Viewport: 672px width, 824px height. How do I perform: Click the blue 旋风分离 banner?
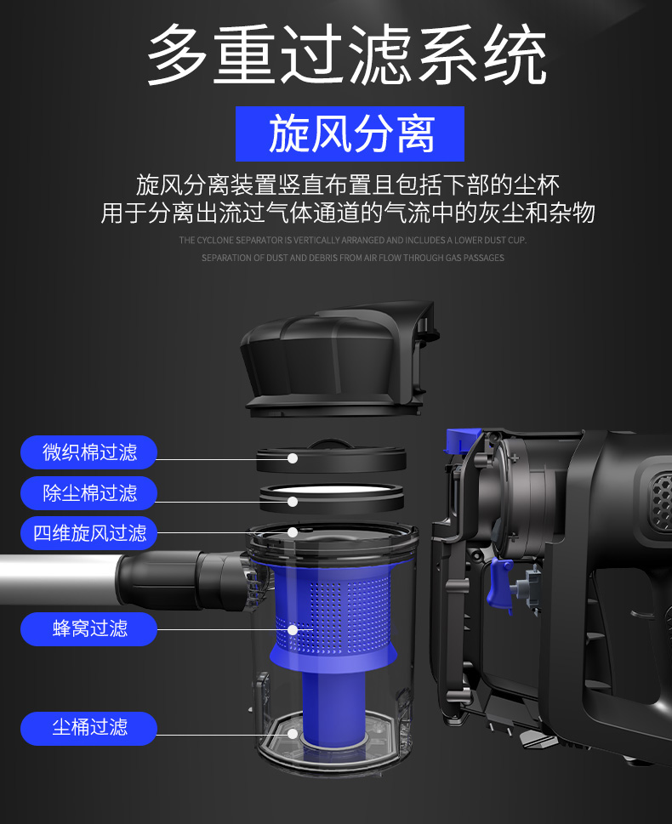[350, 134]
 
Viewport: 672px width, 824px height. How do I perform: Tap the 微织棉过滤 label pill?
[88, 452]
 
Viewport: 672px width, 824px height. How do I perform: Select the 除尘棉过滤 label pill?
[88, 493]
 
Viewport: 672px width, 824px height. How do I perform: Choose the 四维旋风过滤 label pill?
[88, 533]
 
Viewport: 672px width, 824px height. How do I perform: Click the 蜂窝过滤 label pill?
[88, 628]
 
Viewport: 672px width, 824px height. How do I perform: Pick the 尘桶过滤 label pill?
[88, 728]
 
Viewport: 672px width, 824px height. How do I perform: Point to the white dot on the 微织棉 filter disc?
[293, 458]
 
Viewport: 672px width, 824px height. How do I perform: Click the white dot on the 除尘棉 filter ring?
[293, 502]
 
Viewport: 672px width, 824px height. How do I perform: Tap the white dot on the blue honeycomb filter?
[293, 629]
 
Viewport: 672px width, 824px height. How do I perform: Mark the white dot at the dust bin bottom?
[293, 734]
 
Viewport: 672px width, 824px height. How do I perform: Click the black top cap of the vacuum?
[339, 358]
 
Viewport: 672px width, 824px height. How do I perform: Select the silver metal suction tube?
[58, 580]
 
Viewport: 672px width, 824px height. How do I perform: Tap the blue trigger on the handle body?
[498, 583]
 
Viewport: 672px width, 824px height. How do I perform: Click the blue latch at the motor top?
[461, 440]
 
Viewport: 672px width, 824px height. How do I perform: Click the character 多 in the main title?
[177, 54]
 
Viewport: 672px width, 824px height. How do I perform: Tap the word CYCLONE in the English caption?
[214, 240]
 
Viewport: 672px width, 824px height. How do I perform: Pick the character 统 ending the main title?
[515, 54]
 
